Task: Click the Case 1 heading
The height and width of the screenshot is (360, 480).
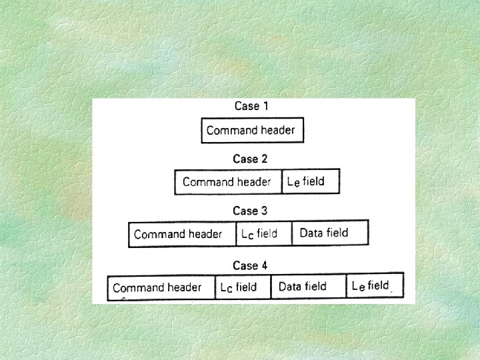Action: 251,106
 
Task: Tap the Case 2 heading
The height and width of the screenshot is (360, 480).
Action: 250,159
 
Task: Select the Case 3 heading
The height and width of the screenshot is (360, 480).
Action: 250,211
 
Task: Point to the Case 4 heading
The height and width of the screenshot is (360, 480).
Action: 250,265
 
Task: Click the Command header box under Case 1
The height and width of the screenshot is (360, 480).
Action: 252,130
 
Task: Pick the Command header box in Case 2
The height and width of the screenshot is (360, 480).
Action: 228,182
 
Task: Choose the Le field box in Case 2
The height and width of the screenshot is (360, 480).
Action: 311,181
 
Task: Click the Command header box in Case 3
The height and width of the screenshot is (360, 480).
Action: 182,234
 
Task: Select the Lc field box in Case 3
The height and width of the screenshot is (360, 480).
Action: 264,234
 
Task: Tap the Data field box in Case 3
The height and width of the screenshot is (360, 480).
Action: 329,233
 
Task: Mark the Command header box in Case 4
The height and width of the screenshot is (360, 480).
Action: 161,287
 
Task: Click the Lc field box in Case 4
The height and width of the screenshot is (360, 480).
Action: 243,287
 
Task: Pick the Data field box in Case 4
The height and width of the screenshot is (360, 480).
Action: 308,287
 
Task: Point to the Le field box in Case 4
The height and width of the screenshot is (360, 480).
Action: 375,286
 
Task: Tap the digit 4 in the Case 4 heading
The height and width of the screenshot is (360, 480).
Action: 264,265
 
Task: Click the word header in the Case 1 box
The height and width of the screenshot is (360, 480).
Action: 278,130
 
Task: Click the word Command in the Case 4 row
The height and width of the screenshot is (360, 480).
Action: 135,288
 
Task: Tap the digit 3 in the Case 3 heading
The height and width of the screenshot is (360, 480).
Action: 264,211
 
